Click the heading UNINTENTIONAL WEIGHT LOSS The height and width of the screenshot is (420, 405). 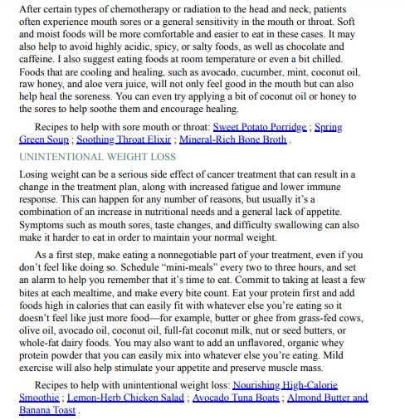pos(97,156)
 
